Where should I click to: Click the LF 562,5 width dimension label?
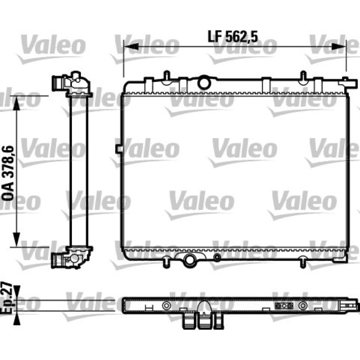pos(233,36)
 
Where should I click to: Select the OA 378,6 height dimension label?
pos(8,173)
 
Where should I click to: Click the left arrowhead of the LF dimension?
pos(131,47)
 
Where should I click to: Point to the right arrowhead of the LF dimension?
pos(339,47)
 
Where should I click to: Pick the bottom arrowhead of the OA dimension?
pos(17,239)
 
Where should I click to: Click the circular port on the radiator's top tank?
pos(204,83)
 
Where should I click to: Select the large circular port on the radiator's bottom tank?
pos(189,260)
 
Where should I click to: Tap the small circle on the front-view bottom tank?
pos(217,257)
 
